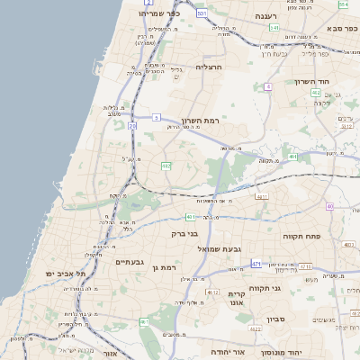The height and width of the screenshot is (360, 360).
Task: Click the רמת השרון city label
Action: click(200, 121)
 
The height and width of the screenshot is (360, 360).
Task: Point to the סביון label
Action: click(275, 319)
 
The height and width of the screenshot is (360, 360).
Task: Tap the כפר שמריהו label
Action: click(160, 13)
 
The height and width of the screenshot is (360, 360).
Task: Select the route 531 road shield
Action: click(202, 13)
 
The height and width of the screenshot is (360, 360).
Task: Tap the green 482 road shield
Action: click(166, 166)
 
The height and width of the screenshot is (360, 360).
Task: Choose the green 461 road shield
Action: click(144, 321)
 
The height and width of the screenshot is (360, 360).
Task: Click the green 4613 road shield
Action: click(212, 292)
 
